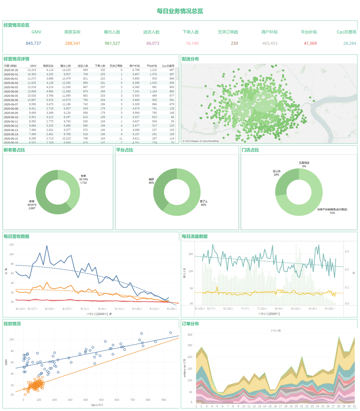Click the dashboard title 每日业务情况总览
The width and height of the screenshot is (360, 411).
pyautogui.click(x=180, y=11)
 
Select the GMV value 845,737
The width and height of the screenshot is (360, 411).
pyautogui.click(x=33, y=43)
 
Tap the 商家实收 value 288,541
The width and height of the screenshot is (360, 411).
pyautogui.click(x=73, y=43)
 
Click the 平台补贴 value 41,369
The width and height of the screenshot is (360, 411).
pyautogui.click(x=310, y=43)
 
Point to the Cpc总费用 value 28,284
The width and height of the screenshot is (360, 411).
pyautogui.click(x=349, y=43)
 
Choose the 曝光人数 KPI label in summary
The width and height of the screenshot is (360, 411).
pyautogui.click(x=112, y=32)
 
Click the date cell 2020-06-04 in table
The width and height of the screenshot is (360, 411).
pyautogui.click(x=11, y=91)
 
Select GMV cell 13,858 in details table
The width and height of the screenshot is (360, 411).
pyautogui.click(x=32, y=91)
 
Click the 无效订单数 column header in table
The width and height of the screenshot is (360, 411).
pyautogui.click(x=116, y=66)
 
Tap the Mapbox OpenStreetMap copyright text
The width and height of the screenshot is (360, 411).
pyautogui.click(x=201, y=141)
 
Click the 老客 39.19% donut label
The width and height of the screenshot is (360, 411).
pyautogui.click(x=84, y=179)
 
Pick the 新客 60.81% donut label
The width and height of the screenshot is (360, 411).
pyautogui.click(x=32, y=205)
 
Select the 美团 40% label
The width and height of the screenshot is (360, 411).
pyautogui.click(x=151, y=181)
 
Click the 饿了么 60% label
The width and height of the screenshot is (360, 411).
pyautogui.click(x=203, y=203)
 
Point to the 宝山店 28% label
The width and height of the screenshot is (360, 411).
pyautogui.click(x=276, y=173)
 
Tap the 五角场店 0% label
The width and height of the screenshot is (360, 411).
pyautogui.click(x=304, y=164)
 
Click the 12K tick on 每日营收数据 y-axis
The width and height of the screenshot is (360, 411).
pyautogui.click(x=12, y=245)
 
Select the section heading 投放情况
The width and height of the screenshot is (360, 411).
pyautogui.click(x=12, y=324)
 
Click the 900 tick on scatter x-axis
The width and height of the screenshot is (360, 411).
pyautogui.click(x=163, y=400)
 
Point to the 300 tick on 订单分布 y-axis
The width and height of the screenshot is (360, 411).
pyautogui.click(x=189, y=335)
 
